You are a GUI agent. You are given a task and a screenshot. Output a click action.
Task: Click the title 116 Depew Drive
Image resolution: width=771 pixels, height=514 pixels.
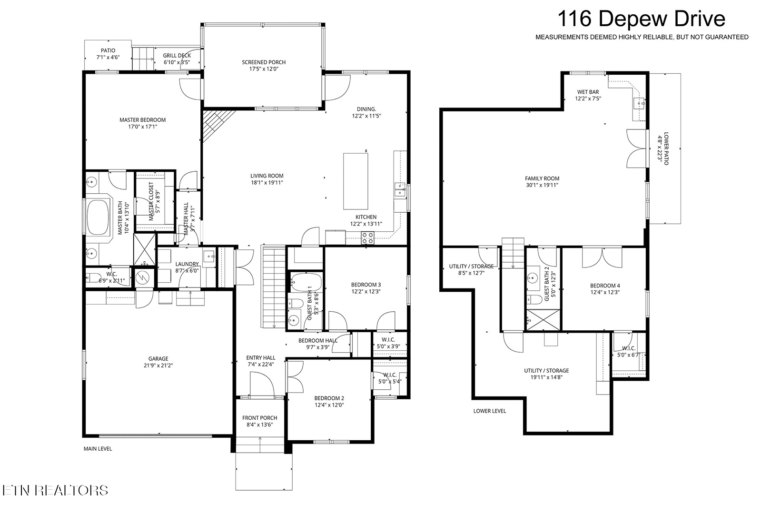pos(641,19)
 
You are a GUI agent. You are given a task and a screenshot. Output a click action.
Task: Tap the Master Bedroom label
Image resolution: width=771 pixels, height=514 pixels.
pos(142,120)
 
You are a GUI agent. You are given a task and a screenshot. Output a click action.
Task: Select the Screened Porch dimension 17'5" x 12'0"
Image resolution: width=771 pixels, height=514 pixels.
pos(264,69)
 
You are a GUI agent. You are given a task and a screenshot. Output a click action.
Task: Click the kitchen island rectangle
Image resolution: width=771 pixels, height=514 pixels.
pos(356,181)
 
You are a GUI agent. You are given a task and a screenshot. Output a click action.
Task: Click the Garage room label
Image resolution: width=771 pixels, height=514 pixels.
pos(158,358)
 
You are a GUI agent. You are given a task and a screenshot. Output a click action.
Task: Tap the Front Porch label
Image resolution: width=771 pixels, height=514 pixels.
pos(259,417)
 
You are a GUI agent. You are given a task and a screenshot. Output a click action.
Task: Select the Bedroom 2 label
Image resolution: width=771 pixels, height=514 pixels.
pos(329,398)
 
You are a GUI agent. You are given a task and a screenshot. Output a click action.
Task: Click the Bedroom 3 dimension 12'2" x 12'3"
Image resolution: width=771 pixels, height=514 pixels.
pos(366,291)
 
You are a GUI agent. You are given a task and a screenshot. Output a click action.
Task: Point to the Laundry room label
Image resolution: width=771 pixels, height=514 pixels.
pos(187,264)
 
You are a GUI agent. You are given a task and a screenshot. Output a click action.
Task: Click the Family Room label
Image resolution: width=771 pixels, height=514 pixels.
pos(542,178)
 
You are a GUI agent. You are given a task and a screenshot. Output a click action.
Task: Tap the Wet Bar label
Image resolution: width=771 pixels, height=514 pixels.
pos(588,92)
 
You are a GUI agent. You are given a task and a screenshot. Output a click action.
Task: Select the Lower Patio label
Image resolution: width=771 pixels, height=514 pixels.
pos(666,148)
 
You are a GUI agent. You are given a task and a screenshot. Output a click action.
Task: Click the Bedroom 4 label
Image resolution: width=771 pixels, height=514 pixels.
pos(605,286)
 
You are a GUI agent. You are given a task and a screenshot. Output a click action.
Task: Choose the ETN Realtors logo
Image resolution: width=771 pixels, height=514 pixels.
pos(55,490)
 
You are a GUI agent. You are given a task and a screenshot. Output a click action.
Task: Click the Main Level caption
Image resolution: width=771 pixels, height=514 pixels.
pos(98,449)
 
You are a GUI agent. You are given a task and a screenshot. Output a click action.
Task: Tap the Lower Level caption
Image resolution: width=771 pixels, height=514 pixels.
pos(489,411)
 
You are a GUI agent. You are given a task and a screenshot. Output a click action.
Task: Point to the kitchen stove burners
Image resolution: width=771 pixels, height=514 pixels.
pos(367,238)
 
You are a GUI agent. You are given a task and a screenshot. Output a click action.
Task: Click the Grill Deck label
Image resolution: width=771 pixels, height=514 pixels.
pos(177,55)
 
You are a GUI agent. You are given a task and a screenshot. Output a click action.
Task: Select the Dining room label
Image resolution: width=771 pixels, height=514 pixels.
pos(366,109)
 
